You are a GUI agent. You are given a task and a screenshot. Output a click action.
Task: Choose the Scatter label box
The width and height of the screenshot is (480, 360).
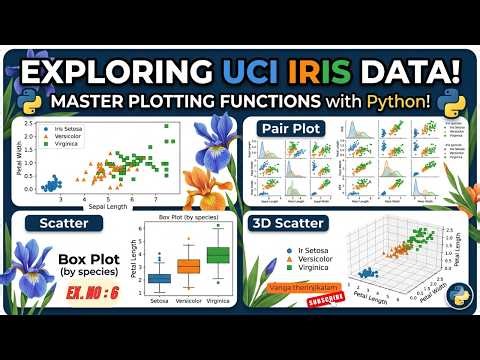(x=63, y=224)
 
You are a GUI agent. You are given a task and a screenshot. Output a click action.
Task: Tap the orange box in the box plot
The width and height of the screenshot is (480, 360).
(x=188, y=265)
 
